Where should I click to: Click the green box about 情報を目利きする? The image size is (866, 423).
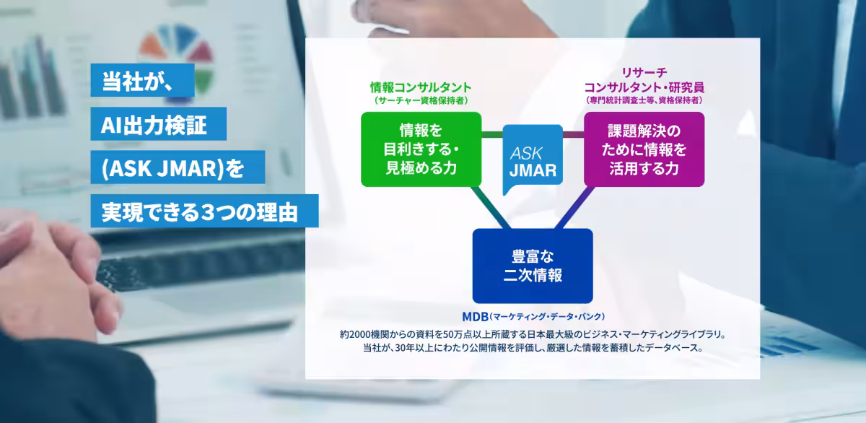click(x=421, y=149)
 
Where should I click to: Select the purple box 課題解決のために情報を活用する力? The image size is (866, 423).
click(x=644, y=149)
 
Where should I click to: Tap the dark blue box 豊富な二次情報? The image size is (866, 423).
click(x=533, y=266)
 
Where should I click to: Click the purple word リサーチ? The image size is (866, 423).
click(x=644, y=72)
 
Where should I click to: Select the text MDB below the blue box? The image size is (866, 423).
click(x=475, y=317)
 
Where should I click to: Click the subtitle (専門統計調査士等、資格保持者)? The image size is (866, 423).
click(x=644, y=100)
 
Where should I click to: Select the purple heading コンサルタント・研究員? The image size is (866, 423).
click(x=644, y=87)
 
